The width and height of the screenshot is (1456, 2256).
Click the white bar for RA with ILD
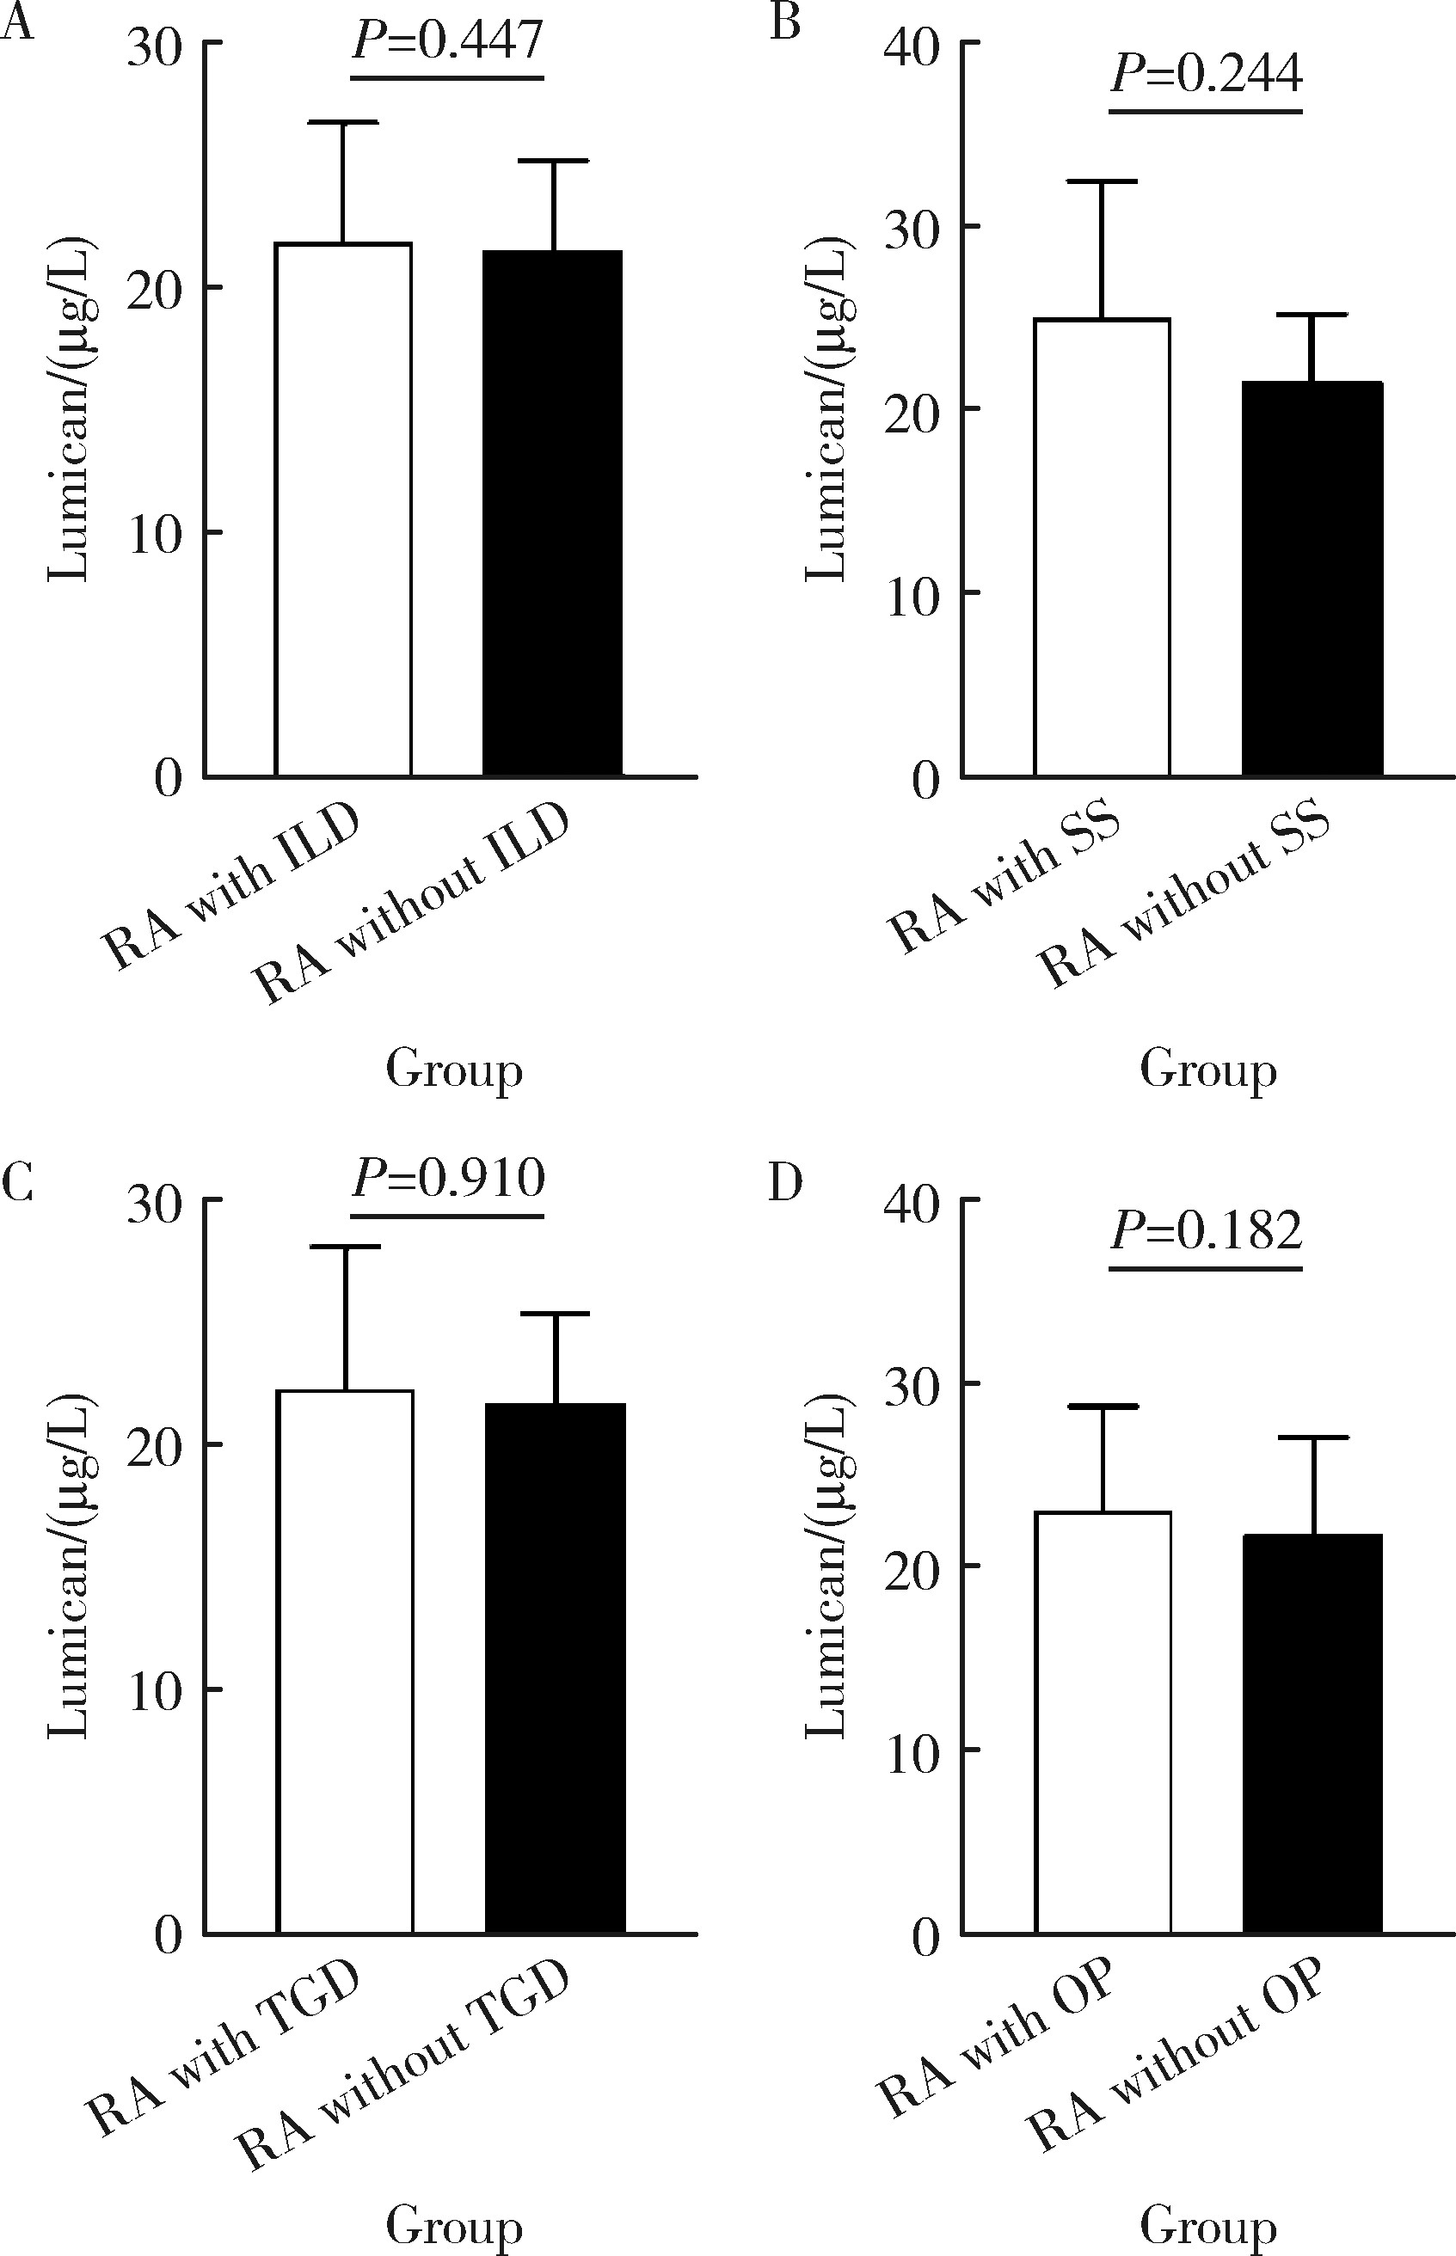[x=343, y=511]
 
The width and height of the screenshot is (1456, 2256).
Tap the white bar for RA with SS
[x=1102, y=549]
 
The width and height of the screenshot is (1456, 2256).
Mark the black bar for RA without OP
[x=1312, y=1733]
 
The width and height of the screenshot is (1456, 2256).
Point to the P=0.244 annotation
[x=1207, y=74]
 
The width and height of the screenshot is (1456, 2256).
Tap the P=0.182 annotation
[x=1207, y=1229]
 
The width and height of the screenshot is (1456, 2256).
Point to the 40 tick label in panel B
[x=912, y=46]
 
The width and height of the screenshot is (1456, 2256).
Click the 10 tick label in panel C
[x=155, y=1691]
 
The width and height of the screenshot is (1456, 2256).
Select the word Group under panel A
[x=454, y=1070]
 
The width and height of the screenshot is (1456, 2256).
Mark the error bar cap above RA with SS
[x=1102, y=181]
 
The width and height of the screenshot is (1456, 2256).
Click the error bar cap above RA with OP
[x=1103, y=1407]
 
